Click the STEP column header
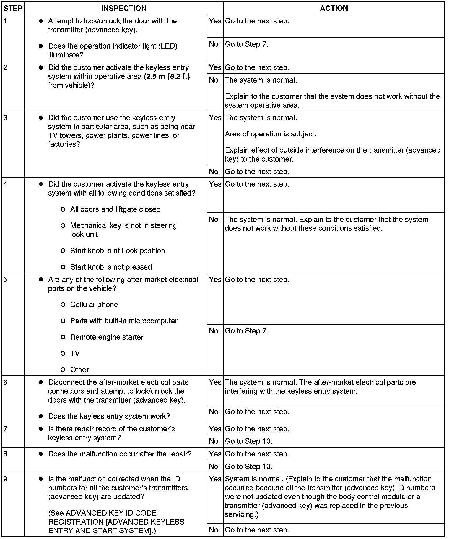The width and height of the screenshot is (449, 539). tap(13, 8)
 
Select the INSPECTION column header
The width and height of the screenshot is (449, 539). tap(123, 8)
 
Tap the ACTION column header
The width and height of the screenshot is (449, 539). tap(334, 8)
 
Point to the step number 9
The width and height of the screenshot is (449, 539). tap(6, 479)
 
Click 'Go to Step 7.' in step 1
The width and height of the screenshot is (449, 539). tap(247, 44)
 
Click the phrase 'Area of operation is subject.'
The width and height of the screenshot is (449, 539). tap(271, 134)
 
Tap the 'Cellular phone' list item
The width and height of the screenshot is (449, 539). tap(94, 305)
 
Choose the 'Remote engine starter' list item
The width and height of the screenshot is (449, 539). tap(107, 337)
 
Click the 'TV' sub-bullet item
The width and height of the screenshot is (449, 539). tap(75, 353)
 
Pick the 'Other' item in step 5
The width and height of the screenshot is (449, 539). tap(79, 369)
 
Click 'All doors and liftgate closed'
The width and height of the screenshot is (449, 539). tap(115, 209)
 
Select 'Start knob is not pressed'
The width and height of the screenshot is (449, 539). tap(111, 267)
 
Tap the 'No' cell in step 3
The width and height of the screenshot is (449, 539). tap(214, 172)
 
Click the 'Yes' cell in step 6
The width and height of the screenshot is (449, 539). tap(215, 382)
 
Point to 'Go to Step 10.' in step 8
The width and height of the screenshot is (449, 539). tap(249, 467)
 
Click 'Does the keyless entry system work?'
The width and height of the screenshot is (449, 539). tap(109, 416)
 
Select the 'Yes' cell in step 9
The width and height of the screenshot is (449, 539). tap(215, 479)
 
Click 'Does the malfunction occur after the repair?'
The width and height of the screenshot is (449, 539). tap(120, 454)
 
